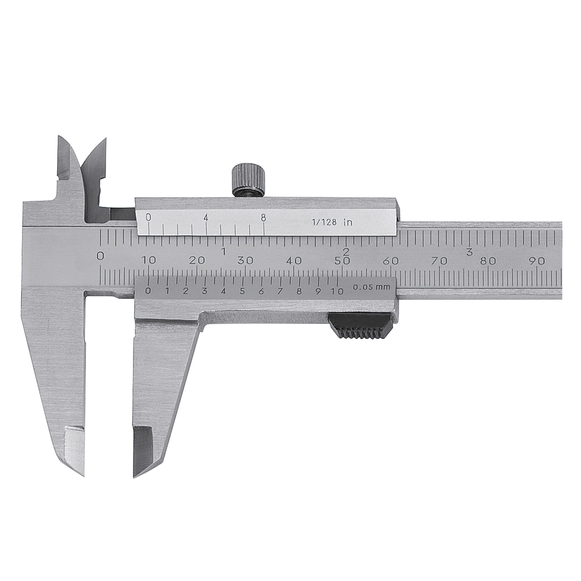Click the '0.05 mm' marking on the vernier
[x=371, y=287]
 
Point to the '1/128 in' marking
[x=332, y=223]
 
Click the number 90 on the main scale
[x=537, y=261]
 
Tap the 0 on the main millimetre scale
[x=101, y=256]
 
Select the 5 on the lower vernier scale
[x=242, y=291]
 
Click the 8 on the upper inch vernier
[x=263, y=217]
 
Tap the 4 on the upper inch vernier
[x=206, y=217]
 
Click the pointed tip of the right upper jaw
[x=105, y=139]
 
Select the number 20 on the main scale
[x=197, y=261]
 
